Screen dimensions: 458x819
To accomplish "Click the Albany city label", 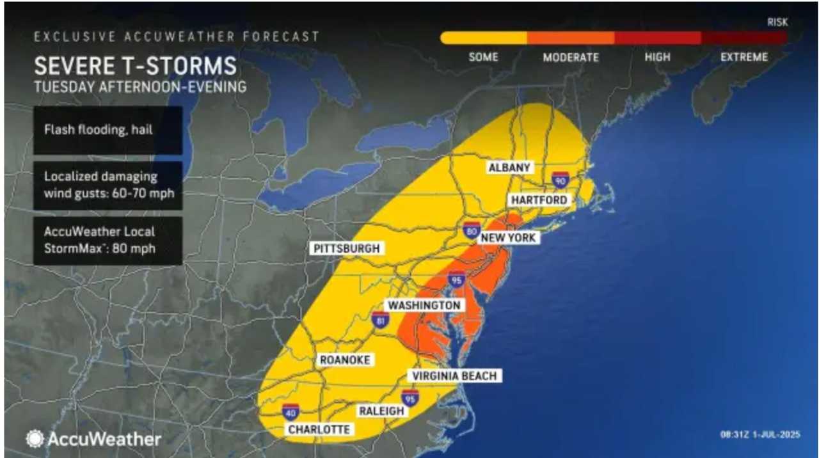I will pyautogui.click(x=509, y=168).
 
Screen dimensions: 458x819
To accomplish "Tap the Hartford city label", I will pyautogui.click(x=539, y=200).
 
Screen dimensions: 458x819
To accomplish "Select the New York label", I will pyautogui.click(x=509, y=238).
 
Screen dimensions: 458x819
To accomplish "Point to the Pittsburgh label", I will pyautogui.click(x=346, y=248).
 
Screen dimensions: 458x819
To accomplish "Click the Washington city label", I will pyautogui.click(x=424, y=305).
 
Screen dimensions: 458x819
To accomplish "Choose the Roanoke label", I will pyautogui.click(x=345, y=360).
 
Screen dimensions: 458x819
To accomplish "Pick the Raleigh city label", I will pyautogui.click(x=382, y=411).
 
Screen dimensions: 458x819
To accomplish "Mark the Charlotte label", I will pyautogui.click(x=319, y=429).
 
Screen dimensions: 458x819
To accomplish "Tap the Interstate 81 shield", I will pyautogui.click(x=380, y=320).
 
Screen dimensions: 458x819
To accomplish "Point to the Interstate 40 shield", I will pyautogui.click(x=290, y=411).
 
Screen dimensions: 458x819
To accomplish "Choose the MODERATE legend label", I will pyautogui.click(x=571, y=57).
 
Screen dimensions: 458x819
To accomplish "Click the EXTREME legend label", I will pyautogui.click(x=743, y=57).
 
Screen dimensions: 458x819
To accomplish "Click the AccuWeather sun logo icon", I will pyautogui.click(x=34, y=439).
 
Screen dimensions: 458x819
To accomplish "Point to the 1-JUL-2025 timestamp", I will pyautogui.click(x=760, y=435).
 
